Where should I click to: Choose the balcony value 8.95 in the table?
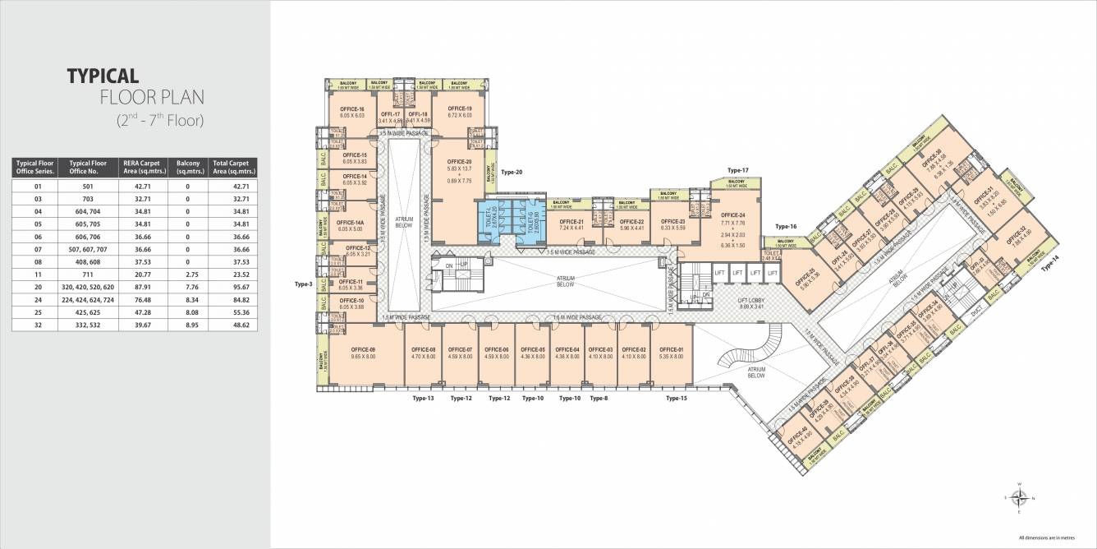(188, 325)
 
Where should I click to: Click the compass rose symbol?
(1020, 497)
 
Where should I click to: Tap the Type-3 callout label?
(304, 284)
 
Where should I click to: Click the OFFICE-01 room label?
(671, 351)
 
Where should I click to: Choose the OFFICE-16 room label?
(352, 109)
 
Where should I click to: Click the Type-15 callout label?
(676, 399)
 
